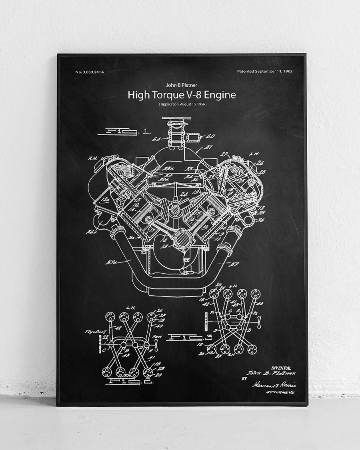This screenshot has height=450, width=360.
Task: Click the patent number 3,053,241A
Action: pyautogui.click(x=90, y=72)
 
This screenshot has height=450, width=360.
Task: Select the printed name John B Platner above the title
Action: pyautogui.click(x=182, y=85)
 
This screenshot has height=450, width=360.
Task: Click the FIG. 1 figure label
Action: pyautogui.click(x=124, y=131)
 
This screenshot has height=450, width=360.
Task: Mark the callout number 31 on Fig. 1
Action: pyautogui.click(x=208, y=147)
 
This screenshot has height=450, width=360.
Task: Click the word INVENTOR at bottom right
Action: pyautogui.click(x=281, y=368)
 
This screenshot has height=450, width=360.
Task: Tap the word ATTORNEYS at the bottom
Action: pyautogui.click(x=280, y=393)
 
